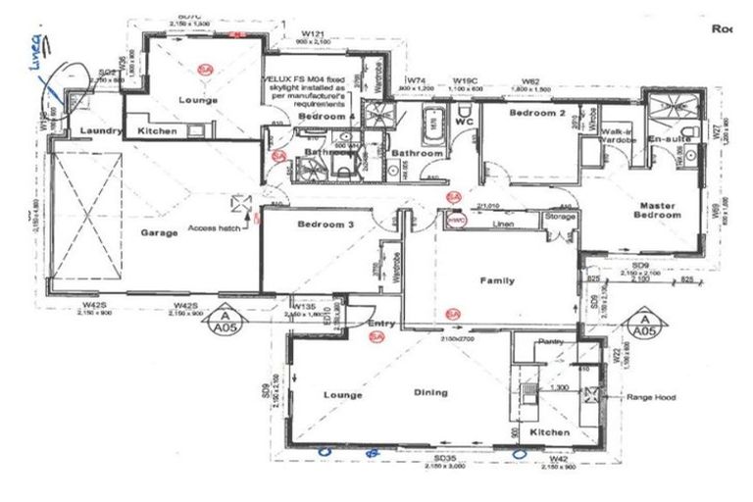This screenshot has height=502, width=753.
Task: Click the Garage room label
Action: coord(158,232)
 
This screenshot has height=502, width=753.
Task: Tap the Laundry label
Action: coord(100,130)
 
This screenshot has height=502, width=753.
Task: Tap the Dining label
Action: coord(430,393)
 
